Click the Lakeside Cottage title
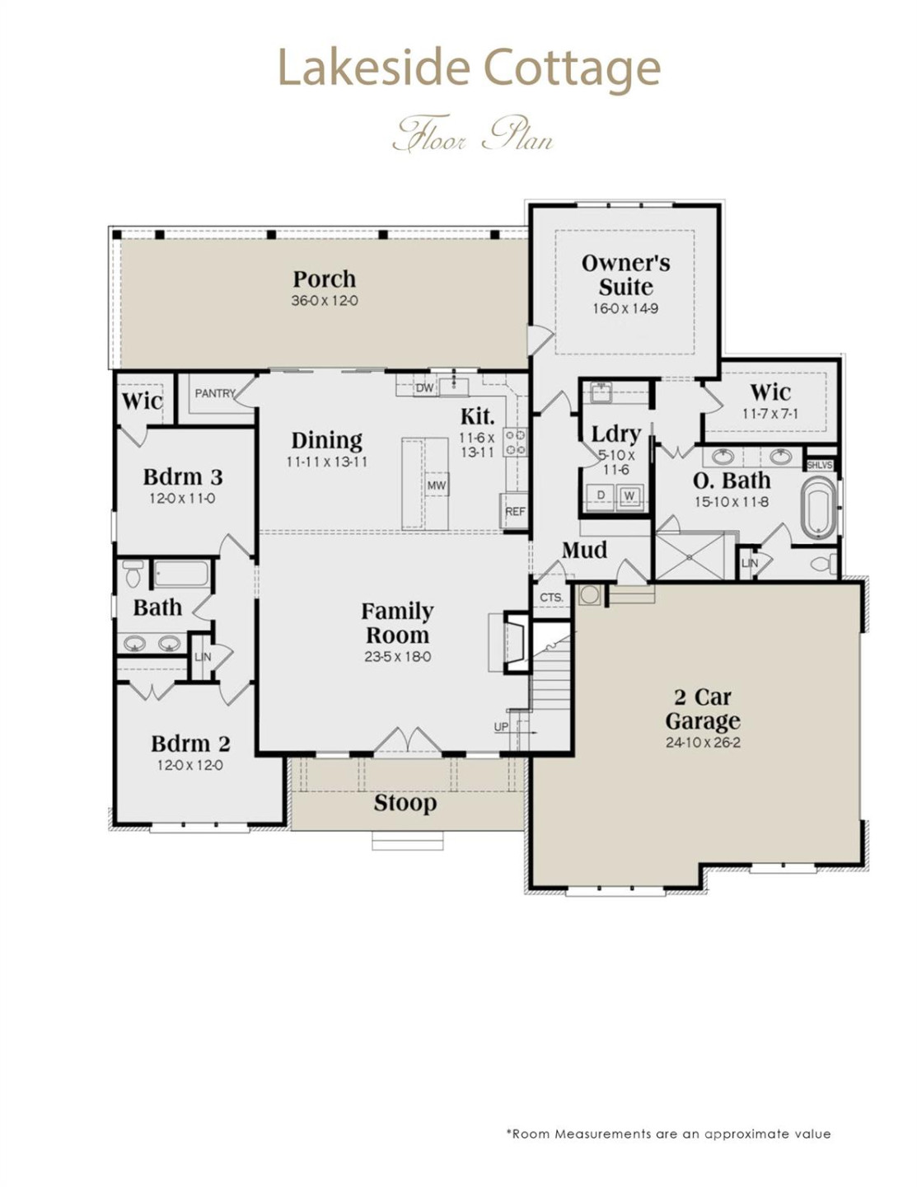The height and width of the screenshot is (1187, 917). pyautogui.click(x=468, y=68)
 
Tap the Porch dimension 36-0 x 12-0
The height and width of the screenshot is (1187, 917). pyautogui.click(x=324, y=301)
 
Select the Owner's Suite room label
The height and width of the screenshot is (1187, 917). pyautogui.click(x=625, y=274)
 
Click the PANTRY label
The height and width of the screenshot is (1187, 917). pyautogui.click(x=215, y=393)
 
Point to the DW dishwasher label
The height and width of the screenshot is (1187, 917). pyautogui.click(x=424, y=387)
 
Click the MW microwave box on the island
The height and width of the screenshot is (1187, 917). pyautogui.click(x=436, y=486)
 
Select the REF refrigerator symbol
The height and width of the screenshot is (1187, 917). pyautogui.click(x=515, y=511)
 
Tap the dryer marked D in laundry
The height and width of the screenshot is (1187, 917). pyautogui.click(x=601, y=495)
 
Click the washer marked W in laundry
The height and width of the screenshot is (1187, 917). pyautogui.click(x=629, y=495)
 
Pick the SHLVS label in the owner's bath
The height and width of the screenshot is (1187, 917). pyautogui.click(x=819, y=465)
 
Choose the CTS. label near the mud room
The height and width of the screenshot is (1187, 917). pyautogui.click(x=551, y=598)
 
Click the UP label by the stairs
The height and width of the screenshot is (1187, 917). pyautogui.click(x=501, y=726)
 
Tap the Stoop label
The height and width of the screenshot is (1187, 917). pyautogui.click(x=405, y=803)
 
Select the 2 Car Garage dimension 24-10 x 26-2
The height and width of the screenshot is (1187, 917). pyautogui.click(x=703, y=743)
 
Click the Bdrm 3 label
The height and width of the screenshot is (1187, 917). pyautogui.click(x=182, y=476)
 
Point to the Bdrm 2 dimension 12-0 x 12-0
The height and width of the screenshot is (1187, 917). pyautogui.click(x=189, y=765)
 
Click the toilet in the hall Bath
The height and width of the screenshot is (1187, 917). pyautogui.click(x=133, y=574)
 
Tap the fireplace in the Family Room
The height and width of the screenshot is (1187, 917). pyautogui.click(x=515, y=643)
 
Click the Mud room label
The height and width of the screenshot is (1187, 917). pyautogui.click(x=584, y=550)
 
